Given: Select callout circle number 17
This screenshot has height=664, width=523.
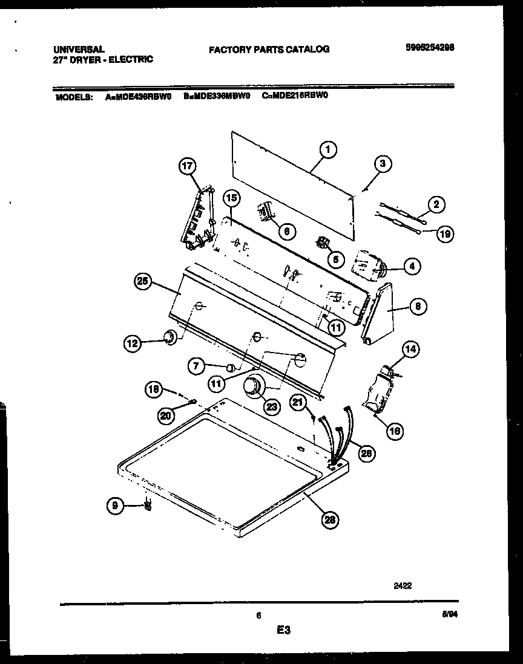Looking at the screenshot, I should coord(188,165).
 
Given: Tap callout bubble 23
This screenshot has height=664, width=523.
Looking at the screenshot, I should coord(272,407).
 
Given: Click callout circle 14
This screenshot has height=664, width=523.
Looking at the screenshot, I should coord(411,349).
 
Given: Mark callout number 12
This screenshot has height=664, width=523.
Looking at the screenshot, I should coord(133,344).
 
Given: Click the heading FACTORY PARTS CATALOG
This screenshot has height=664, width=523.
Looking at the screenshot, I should coord(269,50).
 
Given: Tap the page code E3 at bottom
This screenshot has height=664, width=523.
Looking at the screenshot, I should coord(283,631).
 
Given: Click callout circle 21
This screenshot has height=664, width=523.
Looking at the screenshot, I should coord(298,402).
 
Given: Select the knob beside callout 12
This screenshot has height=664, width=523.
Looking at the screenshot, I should coord(170,337).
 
